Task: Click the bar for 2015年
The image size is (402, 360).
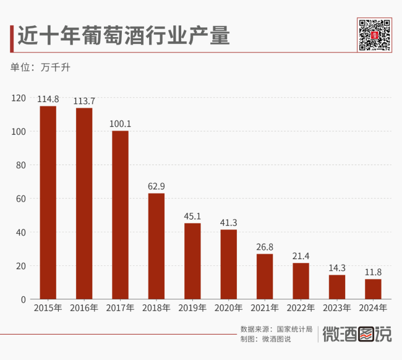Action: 48,203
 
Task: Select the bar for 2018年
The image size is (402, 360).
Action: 156,246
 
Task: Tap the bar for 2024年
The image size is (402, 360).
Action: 373,289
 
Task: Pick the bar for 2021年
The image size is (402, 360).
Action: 265,276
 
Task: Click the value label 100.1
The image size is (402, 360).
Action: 120,124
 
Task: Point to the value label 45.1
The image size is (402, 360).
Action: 192,216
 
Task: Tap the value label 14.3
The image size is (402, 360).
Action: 337,268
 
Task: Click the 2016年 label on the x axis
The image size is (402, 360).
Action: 84,307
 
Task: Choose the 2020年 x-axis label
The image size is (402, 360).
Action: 229,307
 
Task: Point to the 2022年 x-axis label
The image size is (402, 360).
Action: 301,307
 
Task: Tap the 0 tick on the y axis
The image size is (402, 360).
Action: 23,299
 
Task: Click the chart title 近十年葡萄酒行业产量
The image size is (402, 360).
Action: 123,35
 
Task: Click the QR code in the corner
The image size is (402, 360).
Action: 375,35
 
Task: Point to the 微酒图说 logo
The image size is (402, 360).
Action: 357,334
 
